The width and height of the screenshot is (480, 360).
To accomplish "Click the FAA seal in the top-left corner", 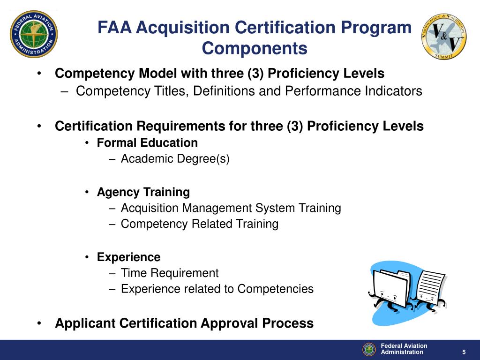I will pyautogui.click(x=34, y=34).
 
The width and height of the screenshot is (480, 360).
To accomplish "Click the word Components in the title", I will pyautogui.click(x=255, y=48).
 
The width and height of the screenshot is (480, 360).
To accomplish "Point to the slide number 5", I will pyautogui.click(x=464, y=352).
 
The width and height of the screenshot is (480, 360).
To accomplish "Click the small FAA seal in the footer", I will pyautogui.click(x=369, y=349).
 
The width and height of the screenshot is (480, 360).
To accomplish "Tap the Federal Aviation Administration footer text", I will pyautogui.click(x=404, y=349).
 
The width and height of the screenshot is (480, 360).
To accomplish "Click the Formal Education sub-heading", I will pyautogui.click(x=147, y=142).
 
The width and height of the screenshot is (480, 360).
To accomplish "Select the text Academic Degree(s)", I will pyautogui.click(x=175, y=159).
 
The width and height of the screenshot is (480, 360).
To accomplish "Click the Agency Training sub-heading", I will pyautogui.click(x=143, y=192).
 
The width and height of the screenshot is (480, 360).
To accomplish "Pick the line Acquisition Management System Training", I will pyautogui.click(x=231, y=208).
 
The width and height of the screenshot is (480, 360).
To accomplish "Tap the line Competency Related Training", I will pyautogui.click(x=199, y=224).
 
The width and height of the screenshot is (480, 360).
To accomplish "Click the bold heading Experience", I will pyautogui.click(x=128, y=257).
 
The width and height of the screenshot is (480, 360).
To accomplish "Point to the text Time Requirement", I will pyautogui.click(x=169, y=273).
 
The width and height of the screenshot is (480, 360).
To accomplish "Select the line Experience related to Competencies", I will pyautogui.click(x=217, y=289).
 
